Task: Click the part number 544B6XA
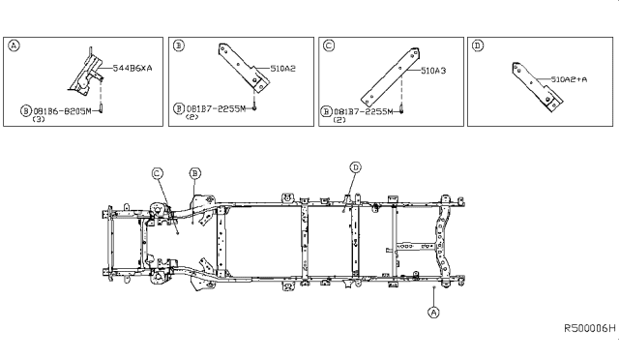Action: pos(133,68)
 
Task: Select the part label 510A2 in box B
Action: pos(283,69)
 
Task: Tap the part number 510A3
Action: pos(433,71)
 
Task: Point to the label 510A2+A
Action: pos(569,79)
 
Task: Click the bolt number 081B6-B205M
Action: pos(62,111)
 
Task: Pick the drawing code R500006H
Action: pos(590,328)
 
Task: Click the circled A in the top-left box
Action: pos(14,45)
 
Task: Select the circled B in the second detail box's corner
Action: pos(179,45)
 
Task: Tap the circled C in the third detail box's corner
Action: pos(329,45)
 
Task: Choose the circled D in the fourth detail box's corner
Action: pos(477,45)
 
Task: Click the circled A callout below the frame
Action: pos(433,313)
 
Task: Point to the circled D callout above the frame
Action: pos(356,167)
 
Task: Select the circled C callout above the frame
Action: pos(157,173)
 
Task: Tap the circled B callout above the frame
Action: pos(195,173)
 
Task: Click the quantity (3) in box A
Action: pos(39,119)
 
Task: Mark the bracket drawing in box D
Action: pos(538,87)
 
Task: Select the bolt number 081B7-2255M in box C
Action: pos(364,112)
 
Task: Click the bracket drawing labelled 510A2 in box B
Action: pos(244,68)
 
